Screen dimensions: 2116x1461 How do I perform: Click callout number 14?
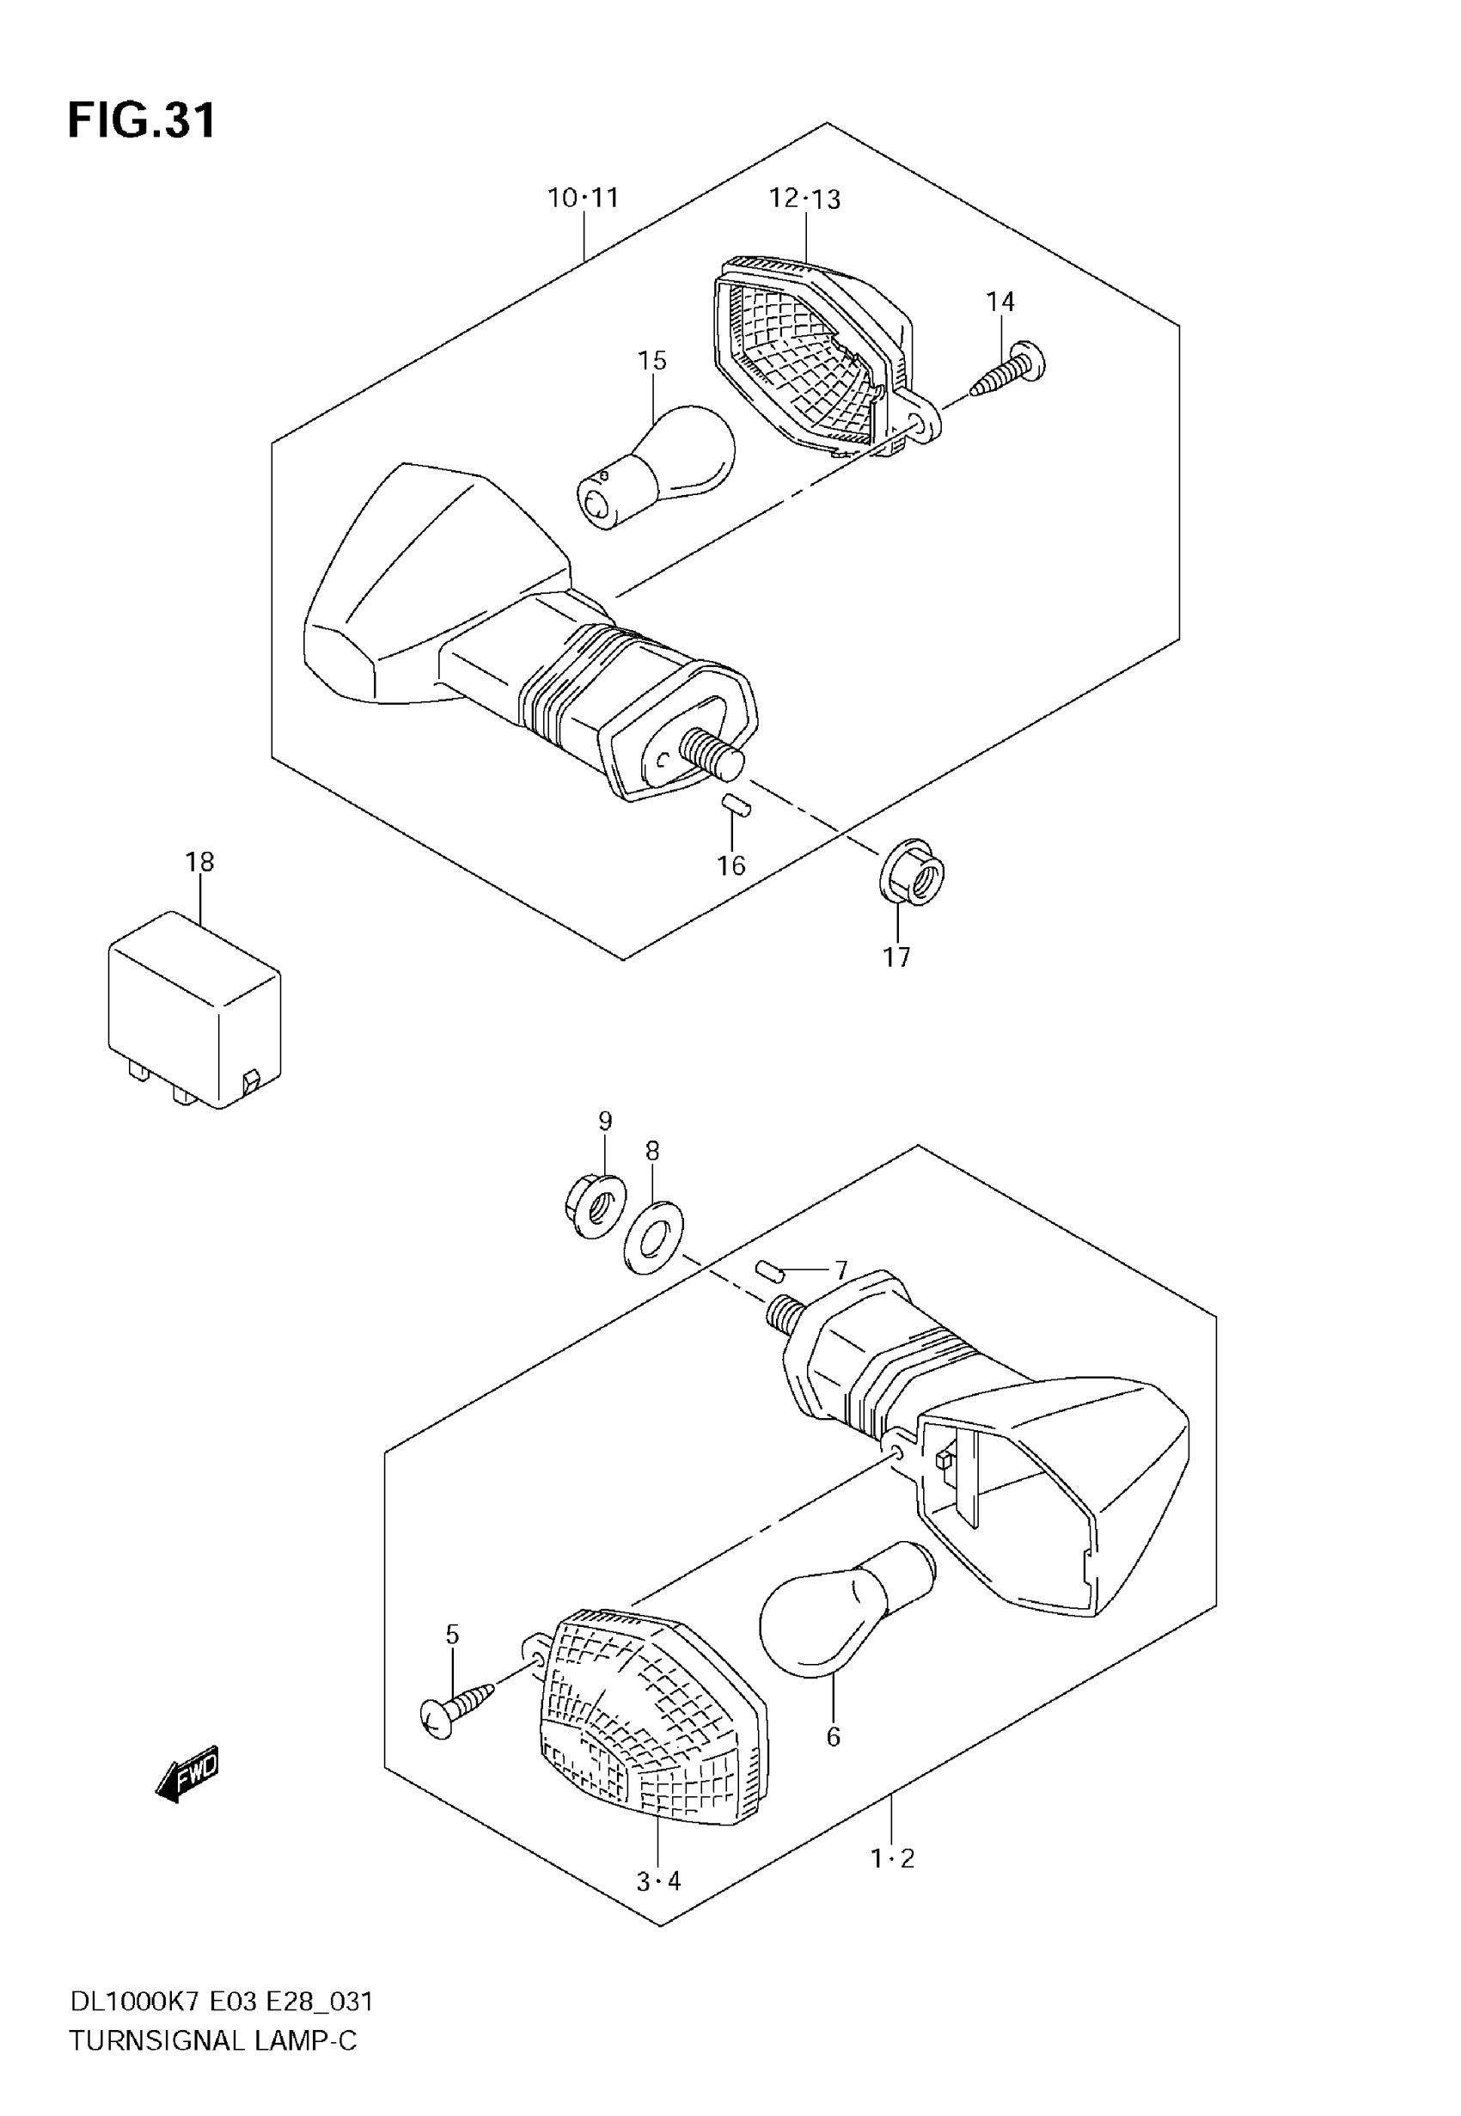(x=1000, y=301)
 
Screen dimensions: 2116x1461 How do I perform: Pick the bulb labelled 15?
(x=657, y=467)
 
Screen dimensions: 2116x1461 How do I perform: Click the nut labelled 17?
(x=912, y=871)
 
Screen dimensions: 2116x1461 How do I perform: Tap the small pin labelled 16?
(x=733, y=804)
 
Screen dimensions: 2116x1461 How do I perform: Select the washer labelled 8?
(x=651, y=1238)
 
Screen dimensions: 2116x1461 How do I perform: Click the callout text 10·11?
(x=584, y=198)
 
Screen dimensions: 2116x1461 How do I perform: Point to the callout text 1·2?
(x=893, y=1858)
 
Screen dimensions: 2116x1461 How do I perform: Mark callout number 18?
(x=199, y=861)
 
